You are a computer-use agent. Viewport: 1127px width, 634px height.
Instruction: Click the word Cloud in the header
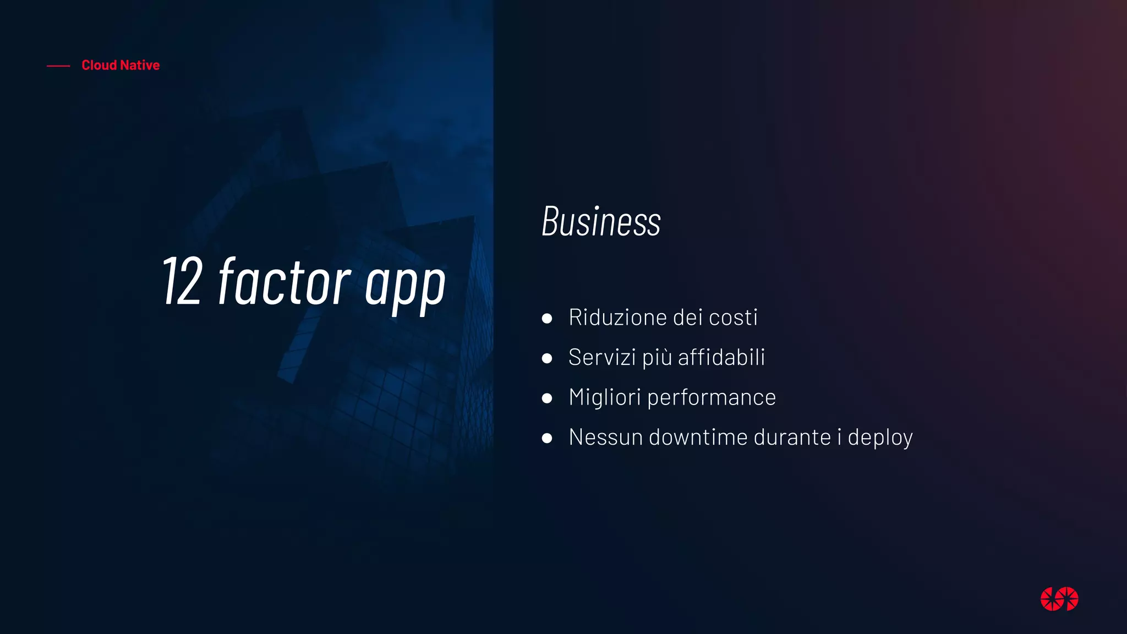click(99, 65)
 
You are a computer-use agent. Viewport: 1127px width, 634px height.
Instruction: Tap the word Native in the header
click(140, 65)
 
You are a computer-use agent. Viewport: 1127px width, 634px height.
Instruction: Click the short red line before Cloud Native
click(58, 66)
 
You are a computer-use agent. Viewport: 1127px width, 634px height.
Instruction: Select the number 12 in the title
click(182, 282)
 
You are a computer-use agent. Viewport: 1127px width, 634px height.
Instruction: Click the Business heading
click(601, 221)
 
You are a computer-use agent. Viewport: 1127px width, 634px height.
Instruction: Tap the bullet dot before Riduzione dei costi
click(547, 319)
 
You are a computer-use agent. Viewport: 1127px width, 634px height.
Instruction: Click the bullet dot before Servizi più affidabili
click(547, 359)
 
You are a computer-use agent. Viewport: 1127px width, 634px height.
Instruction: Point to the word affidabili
click(721, 358)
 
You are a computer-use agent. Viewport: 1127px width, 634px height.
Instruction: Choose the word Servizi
click(602, 358)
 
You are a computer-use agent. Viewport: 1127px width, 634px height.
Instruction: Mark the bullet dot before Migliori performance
click(547, 398)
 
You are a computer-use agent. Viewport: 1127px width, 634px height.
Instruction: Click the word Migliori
click(605, 397)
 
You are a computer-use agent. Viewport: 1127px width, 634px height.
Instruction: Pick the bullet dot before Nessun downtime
click(547, 439)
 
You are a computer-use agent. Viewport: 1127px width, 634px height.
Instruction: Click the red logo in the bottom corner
click(1059, 599)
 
